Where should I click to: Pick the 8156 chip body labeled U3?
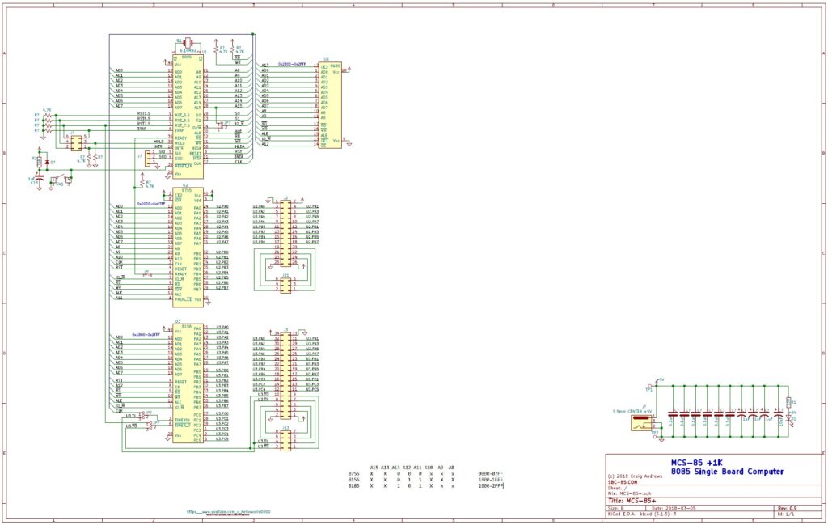pyautogui.click(x=188, y=380)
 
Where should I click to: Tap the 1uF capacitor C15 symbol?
pyautogui.click(x=35, y=177)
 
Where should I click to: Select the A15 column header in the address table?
pyautogui.click(x=373, y=468)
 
